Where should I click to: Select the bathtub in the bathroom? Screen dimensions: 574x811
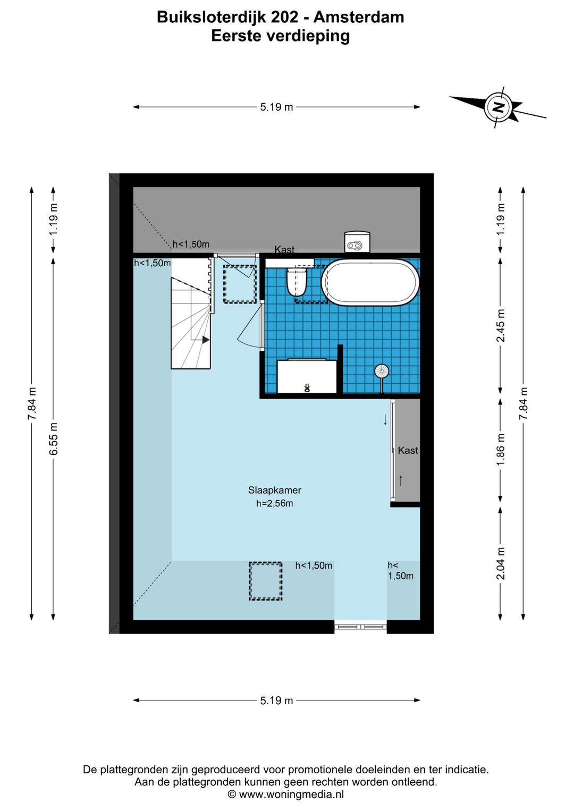point(370,282)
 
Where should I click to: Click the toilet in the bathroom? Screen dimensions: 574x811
point(297,281)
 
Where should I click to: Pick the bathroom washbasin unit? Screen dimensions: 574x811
point(307,376)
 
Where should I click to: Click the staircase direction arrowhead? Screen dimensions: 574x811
point(206,340)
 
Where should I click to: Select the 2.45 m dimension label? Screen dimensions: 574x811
point(501,325)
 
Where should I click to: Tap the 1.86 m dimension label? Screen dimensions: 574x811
point(501,450)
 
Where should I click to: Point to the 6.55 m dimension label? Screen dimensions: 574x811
point(53,438)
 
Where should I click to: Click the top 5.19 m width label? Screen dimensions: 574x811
point(276,107)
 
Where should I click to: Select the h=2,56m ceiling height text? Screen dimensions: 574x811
point(274,503)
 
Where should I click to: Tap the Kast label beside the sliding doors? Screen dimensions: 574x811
point(408,450)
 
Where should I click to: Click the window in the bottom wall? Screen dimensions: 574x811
point(360,627)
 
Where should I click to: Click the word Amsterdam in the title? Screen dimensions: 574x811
point(359,17)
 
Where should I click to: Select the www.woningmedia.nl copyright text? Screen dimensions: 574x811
point(286,795)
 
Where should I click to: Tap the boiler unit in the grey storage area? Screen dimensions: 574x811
point(357,241)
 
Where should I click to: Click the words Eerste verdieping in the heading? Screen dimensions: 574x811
point(281,36)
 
